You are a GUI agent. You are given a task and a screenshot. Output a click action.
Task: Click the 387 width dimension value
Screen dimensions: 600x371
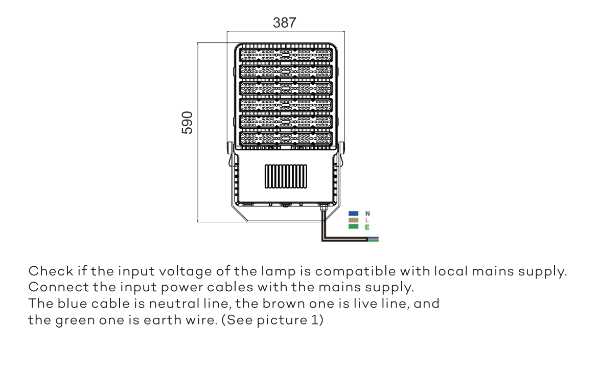coord(284,23)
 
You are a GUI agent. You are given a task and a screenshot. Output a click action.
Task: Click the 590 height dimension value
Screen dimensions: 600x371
coord(187,123)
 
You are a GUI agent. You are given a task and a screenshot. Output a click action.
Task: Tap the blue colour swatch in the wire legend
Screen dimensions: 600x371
coord(353,214)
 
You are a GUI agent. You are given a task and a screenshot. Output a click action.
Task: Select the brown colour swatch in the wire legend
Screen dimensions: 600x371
coord(353,220)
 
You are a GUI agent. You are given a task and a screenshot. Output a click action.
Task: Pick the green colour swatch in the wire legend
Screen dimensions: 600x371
coord(353,226)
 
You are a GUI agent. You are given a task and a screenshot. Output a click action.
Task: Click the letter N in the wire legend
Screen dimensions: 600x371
coord(367,214)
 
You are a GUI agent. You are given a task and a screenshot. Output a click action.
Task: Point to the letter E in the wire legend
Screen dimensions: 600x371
coord(367,227)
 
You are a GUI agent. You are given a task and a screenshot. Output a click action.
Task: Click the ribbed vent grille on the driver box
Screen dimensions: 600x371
coord(286,176)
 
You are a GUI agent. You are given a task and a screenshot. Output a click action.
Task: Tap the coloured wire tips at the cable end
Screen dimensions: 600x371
coord(373,240)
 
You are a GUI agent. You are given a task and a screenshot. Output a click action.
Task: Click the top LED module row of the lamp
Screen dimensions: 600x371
coord(286,55)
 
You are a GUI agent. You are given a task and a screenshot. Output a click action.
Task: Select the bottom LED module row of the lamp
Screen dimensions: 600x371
coord(286,138)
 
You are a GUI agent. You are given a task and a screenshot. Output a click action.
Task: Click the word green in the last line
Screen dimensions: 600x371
coord(75,320)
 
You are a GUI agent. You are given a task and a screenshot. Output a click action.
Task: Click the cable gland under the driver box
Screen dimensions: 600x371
coord(324,207)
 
